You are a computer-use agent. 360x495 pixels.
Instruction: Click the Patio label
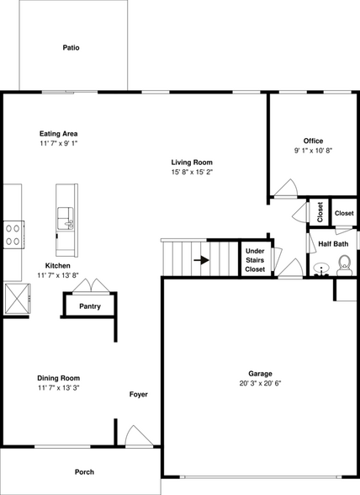click(71, 48)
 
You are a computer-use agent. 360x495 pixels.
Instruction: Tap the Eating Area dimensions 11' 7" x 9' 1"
click(64, 144)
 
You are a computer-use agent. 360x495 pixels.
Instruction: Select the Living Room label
click(192, 162)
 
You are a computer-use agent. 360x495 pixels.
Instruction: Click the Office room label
click(313, 141)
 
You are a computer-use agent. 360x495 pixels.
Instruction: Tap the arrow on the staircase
click(201, 260)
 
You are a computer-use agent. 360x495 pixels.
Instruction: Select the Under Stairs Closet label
click(255, 259)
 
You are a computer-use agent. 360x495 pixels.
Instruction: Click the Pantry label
click(90, 306)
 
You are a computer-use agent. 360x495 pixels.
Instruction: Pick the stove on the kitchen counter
click(13, 232)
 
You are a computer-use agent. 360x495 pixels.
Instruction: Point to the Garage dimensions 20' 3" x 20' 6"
click(260, 383)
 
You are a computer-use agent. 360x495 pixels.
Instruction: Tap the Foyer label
click(139, 394)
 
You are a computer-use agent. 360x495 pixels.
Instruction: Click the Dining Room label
click(64, 378)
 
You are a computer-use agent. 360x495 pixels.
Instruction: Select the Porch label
click(84, 472)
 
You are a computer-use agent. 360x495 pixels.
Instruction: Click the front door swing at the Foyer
click(135, 436)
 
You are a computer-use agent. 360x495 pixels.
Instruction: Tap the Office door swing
click(285, 189)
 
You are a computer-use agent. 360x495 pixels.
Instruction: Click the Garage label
click(260, 373)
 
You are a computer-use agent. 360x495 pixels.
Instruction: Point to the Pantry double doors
click(89, 286)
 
